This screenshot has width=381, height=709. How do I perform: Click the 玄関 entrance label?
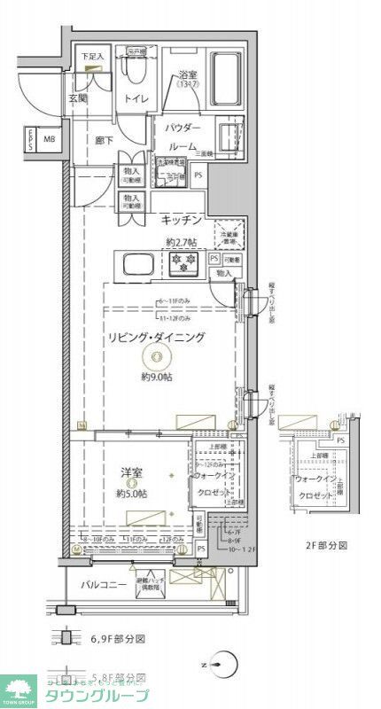pos(79,99)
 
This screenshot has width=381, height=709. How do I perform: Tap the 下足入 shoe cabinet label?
pos(91,57)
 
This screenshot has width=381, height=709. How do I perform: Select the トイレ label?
pos(136,99)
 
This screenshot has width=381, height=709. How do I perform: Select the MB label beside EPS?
pos(50,138)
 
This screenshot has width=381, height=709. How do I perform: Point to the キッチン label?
pos(183,220)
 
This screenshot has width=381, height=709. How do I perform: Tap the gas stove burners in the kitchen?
pos(187,261)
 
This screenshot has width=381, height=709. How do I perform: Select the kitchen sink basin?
pos(140,264)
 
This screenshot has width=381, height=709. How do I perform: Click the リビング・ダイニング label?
pos(157,337)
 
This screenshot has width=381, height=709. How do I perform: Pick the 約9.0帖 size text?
pos(157,377)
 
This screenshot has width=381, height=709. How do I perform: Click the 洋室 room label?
pos(132,473)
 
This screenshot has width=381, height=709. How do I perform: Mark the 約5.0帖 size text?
pos(132,494)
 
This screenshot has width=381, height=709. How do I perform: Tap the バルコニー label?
pos(104,585)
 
